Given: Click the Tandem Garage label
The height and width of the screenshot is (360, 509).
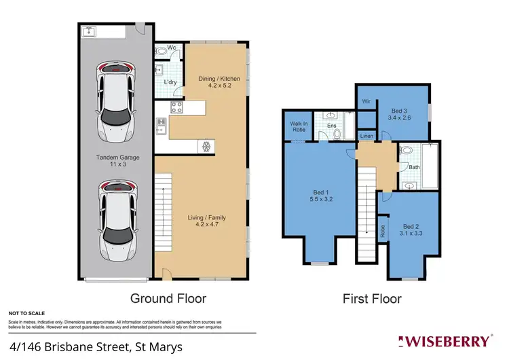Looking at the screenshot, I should coord(113,160).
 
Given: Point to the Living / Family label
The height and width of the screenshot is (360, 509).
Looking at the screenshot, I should coord(207,221).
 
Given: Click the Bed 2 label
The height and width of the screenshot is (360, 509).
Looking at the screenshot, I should coord(412,230).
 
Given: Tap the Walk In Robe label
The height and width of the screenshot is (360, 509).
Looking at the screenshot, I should coord(299,127).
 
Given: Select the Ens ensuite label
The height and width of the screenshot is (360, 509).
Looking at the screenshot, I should coord(332,126).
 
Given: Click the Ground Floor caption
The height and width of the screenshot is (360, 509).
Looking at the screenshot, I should coord(168,298).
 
